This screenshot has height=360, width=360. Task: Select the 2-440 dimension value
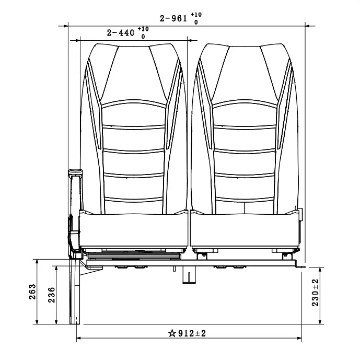(121, 33)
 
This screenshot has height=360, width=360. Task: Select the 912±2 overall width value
(192, 333)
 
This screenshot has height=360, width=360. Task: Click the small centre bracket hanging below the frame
(185, 275)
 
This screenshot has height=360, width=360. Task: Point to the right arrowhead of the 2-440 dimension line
(190, 39)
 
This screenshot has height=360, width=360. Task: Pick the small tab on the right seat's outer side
(300, 215)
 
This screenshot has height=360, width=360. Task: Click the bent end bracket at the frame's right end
(299, 265)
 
